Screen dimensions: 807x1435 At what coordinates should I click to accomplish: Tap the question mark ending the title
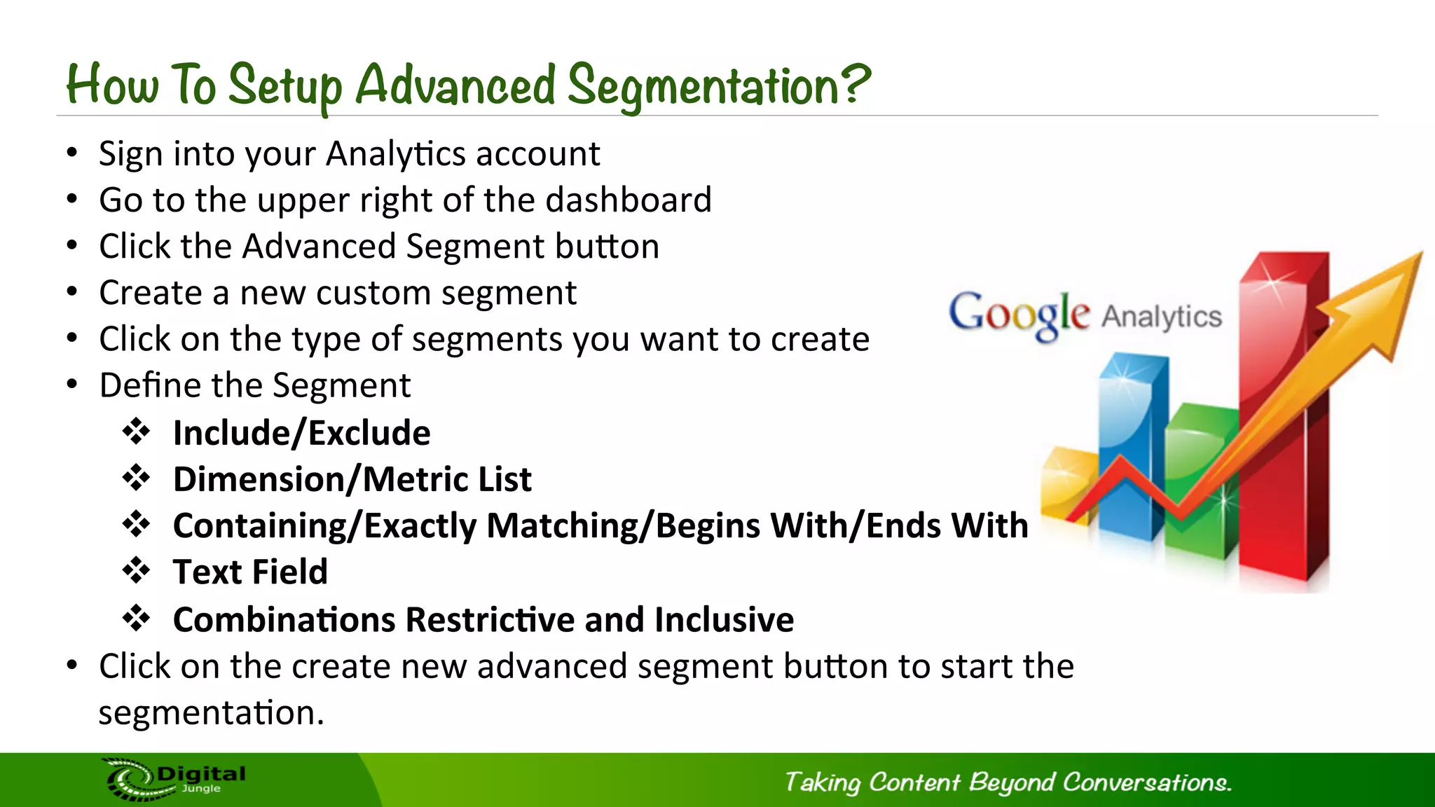[855, 83]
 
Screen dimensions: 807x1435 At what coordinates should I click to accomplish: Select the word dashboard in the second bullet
[628, 200]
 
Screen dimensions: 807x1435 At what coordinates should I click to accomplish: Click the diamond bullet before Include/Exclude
[136, 432]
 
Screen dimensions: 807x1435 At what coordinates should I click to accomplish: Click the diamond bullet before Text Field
[136, 571]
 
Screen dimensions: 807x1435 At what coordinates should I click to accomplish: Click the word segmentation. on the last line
[211, 713]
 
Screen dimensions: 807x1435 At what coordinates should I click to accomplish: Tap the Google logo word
[1019, 314]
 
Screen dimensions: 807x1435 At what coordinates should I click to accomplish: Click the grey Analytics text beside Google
[1162, 317]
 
